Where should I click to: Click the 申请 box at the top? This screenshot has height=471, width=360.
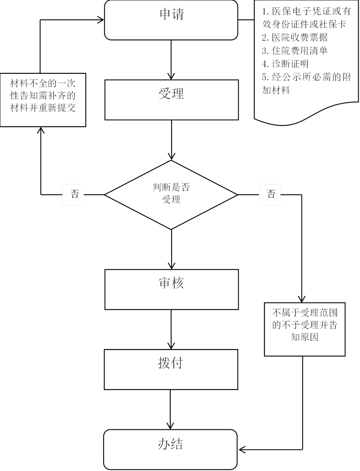click(171, 20)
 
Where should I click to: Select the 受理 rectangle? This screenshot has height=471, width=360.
click(171, 100)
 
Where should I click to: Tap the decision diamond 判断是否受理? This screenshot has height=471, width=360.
click(171, 194)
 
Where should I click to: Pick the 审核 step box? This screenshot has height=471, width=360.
click(171, 289)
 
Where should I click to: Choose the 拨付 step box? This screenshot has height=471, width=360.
click(171, 369)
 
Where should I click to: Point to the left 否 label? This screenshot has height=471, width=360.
click(73, 194)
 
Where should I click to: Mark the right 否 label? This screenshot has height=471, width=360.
click(270, 194)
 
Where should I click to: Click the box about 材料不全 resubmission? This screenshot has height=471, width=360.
click(43, 100)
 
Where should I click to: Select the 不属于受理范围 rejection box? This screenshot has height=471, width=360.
click(305, 329)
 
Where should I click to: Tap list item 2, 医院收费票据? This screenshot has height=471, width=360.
click(295, 37)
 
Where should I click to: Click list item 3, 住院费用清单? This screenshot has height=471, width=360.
click(295, 51)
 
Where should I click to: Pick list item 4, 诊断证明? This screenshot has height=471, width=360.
click(285, 64)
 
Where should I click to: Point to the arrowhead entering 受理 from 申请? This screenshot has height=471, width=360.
click(171, 76)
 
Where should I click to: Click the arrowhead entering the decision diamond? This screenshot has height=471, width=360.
click(171, 156)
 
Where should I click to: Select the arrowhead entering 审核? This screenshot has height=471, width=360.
click(171, 266)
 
